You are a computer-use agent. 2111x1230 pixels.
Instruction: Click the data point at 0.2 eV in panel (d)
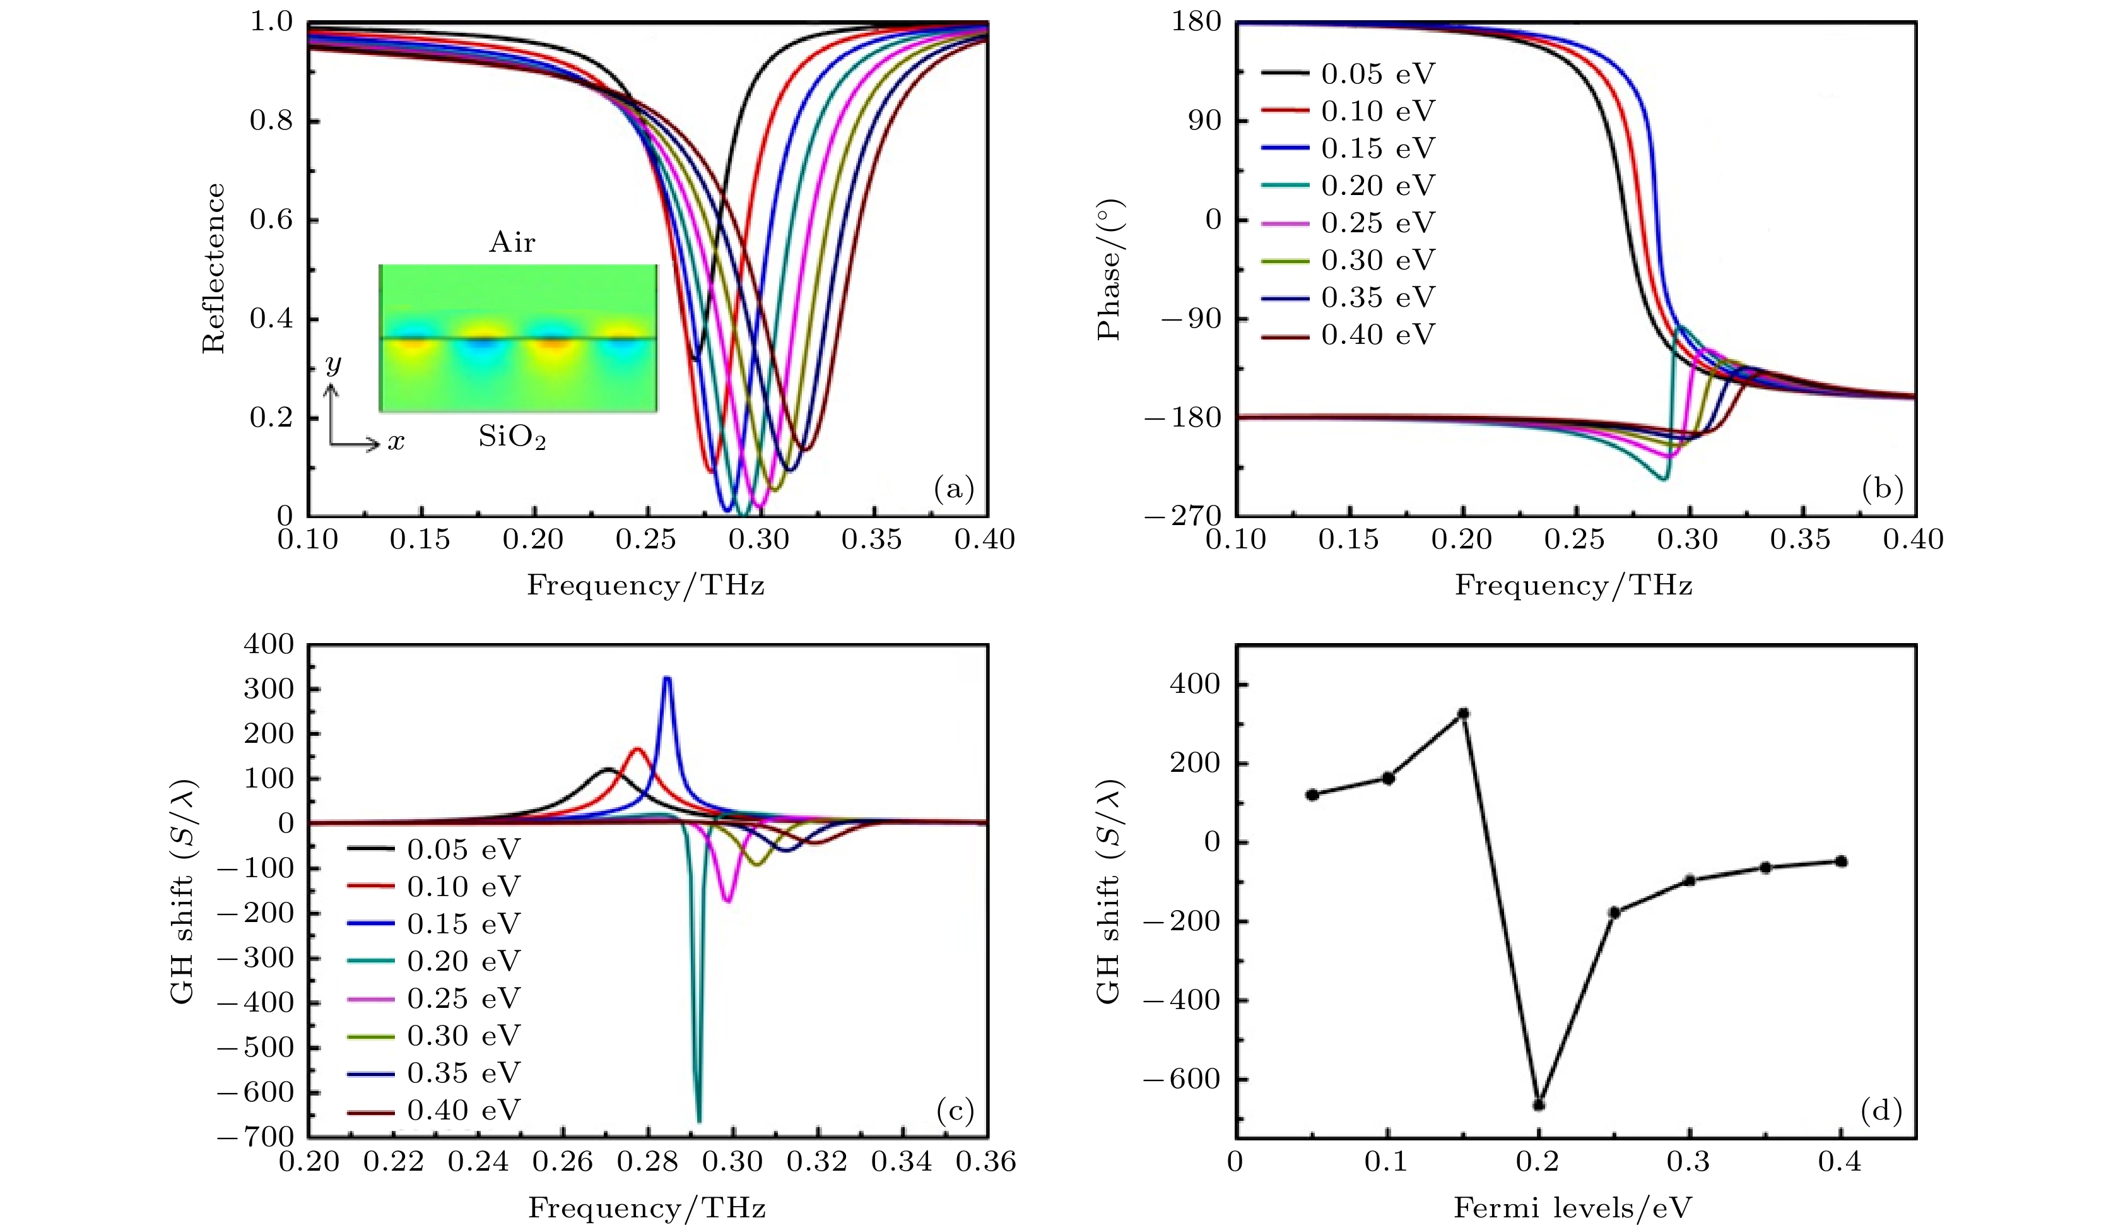[1539, 1104]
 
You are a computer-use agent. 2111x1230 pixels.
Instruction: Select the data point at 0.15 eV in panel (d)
[1464, 714]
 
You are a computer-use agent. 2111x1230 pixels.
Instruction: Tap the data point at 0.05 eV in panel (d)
[1312, 795]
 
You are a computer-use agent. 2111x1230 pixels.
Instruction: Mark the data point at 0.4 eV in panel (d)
[1841, 861]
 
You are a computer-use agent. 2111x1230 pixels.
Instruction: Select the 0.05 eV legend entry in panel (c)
[434, 849]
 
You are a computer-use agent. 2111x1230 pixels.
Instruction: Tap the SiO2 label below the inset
[512, 437]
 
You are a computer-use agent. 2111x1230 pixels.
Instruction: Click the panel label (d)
[1881, 1111]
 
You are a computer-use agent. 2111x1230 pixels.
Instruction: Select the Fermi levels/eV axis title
[1573, 1208]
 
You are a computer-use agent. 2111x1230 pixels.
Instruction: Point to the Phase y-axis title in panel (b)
[1109, 268]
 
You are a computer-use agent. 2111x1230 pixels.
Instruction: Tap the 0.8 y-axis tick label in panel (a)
[273, 121]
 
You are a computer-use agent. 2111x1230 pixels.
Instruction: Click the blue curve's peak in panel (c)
[667, 678]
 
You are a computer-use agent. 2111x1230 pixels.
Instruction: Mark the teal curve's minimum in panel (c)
[698, 1120]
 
